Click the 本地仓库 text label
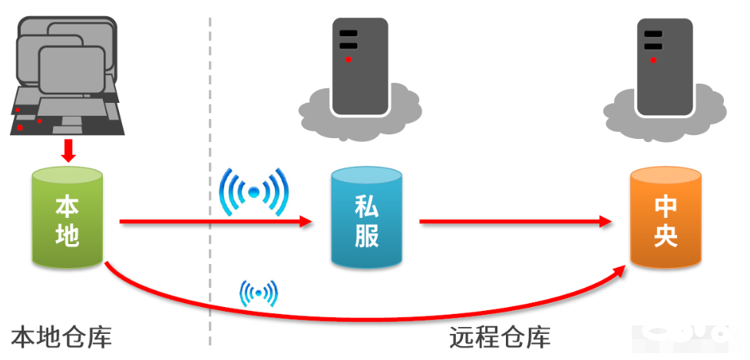click(x=61, y=337)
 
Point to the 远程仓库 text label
click(x=500, y=337)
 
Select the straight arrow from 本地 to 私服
click(x=215, y=223)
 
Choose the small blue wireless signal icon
click(x=259, y=292)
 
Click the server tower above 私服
click(x=359, y=65)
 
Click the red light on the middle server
click(x=349, y=59)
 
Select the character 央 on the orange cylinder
click(x=666, y=236)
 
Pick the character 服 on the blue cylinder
click(x=367, y=236)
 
